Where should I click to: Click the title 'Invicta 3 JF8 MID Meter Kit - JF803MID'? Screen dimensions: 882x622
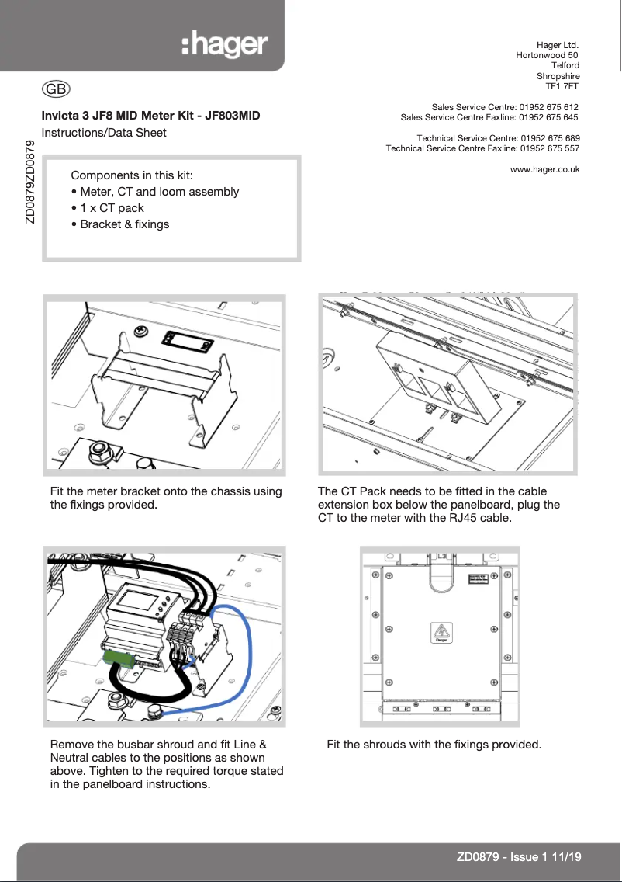pyautogui.click(x=150, y=116)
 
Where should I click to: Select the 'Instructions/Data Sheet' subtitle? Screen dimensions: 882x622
pyautogui.click(x=104, y=132)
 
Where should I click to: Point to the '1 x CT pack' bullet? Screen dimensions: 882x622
pyautogui.click(x=112, y=208)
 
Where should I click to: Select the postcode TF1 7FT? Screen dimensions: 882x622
pyautogui.click(x=562, y=87)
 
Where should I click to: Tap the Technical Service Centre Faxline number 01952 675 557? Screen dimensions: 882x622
pyautogui.click(x=550, y=148)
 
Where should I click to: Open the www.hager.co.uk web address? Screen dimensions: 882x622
pyautogui.click(x=545, y=168)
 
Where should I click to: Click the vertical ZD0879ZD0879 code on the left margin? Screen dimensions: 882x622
pyautogui.click(x=29, y=182)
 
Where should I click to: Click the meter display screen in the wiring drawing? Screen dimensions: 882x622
pyautogui.click(x=133, y=600)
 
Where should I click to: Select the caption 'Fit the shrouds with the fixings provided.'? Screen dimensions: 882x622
pyautogui.click(x=434, y=745)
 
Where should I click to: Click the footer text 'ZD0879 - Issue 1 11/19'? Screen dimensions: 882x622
pyautogui.click(x=519, y=857)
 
